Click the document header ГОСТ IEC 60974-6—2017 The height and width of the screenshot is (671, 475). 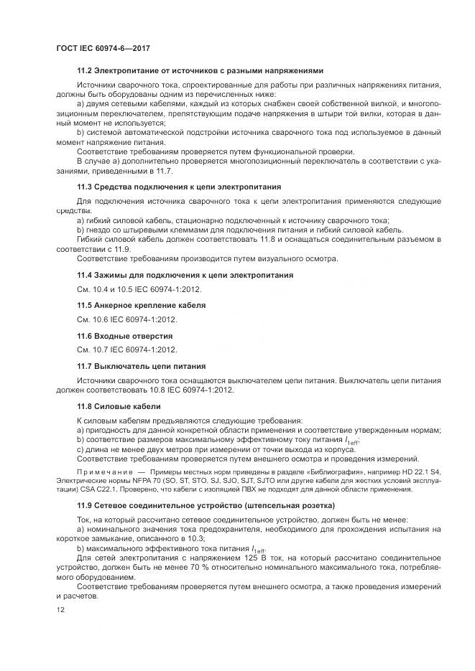click(102, 48)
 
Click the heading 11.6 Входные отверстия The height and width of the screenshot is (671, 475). click(124, 335)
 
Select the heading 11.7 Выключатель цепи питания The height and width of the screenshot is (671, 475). click(141, 365)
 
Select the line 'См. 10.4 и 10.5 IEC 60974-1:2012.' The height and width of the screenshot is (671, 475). click(139, 289)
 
